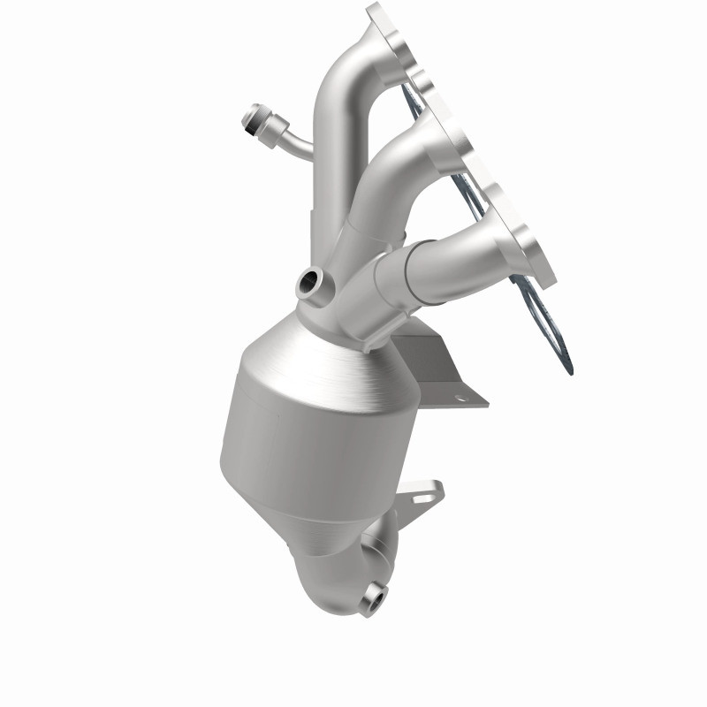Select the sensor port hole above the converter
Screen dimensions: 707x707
[x=309, y=284]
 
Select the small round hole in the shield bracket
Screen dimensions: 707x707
[x=459, y=398]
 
